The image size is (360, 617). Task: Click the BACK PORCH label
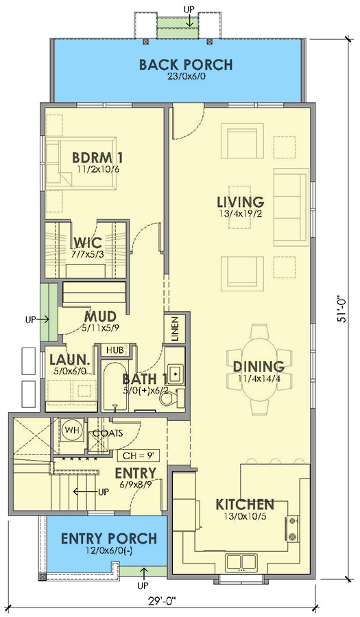[x=186, y=65]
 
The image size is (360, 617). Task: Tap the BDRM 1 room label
[x=98, y=158]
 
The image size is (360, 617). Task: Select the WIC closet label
[x=88, y=242]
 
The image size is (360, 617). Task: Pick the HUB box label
[x=113, y=350]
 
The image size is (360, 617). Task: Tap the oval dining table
[x=259, y=369]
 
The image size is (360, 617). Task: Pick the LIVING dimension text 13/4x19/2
[x=240, y=215]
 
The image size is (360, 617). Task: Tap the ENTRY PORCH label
[x=108, y=538]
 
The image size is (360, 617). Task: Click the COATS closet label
[x=108, y=433]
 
